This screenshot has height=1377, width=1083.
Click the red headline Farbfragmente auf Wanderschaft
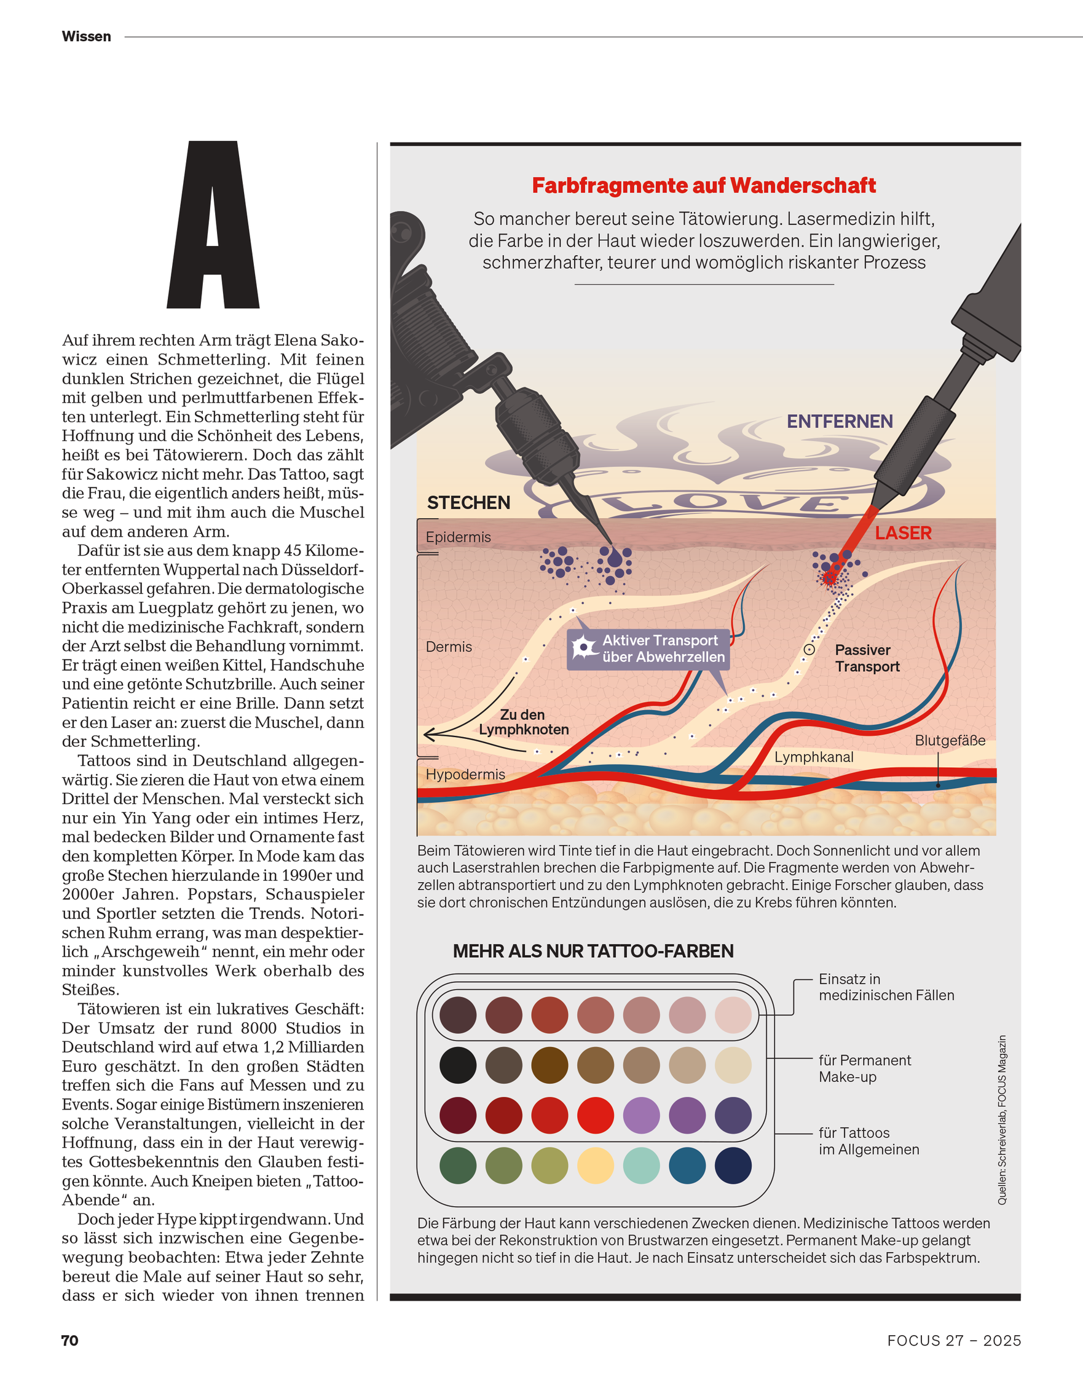coord(703,185)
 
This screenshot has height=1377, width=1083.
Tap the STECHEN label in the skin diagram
coord(468,503)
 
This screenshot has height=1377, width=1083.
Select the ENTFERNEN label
coord(840,421)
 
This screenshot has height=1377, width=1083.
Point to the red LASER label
coord(903,533)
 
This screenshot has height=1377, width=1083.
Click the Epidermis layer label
coord(458,537)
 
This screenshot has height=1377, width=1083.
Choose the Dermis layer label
coord(449,647)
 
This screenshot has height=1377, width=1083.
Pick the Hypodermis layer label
coord(465,775)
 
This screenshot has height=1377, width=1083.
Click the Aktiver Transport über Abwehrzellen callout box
coord(648,649)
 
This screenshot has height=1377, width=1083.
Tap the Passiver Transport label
coord(867,658)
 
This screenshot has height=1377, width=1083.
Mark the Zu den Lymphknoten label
coord(523,722)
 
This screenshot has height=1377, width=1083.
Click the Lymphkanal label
coord(814,757)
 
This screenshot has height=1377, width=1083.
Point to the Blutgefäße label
coord(950,740)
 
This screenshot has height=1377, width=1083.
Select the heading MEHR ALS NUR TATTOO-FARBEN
coord(593,951)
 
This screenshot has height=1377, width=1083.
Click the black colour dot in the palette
coord(458,1065)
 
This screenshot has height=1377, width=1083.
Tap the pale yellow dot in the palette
coord(596,1166)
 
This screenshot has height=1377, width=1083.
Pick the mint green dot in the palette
coord(641,1166)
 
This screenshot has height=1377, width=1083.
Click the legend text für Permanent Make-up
coord(864,1068)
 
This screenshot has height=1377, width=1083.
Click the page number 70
coord(69,1340)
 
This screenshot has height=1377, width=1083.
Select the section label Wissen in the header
coord(86,37)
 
